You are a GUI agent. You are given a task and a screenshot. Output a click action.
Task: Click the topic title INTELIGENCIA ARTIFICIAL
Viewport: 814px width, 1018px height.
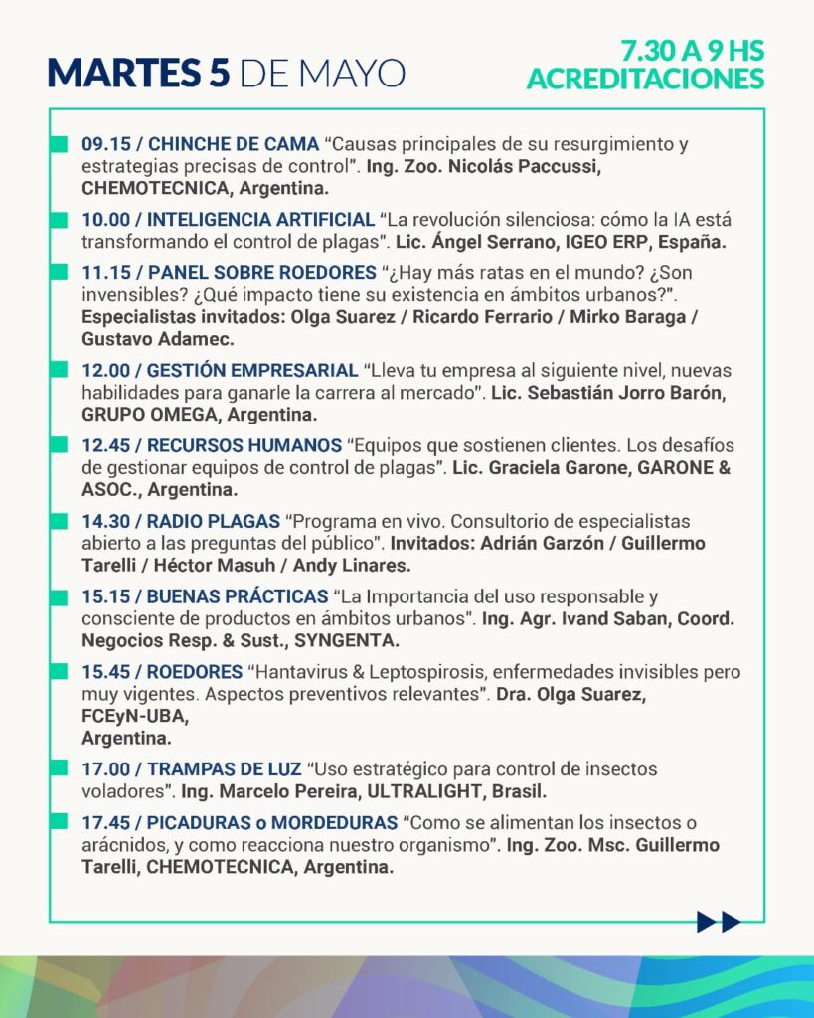pos(262,219)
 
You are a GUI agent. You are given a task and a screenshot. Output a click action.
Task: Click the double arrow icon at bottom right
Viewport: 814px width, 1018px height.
pos(719,922)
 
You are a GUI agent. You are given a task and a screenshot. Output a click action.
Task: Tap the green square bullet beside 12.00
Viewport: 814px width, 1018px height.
pos(61,370)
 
